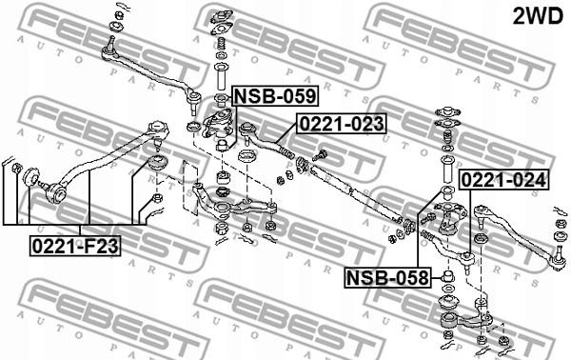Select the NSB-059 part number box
276,96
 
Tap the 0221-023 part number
343,124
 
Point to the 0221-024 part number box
504,179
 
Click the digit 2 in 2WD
520,16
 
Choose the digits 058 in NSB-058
406,277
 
